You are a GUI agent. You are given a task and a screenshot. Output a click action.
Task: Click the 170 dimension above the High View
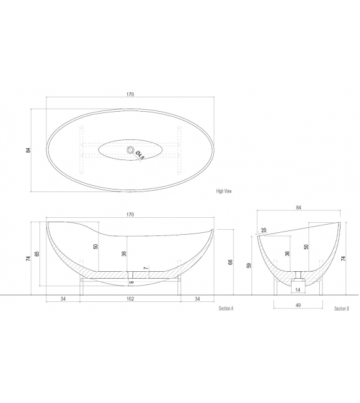pyautogui.click(x=130, y=95)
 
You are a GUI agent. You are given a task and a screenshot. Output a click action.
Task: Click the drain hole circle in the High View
pyautogui.click(x=131, y=150)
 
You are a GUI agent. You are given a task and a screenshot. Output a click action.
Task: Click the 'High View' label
pyautogui.click(x=224, y=191)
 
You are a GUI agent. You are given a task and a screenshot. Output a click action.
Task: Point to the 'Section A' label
pyautogui.click(x=226, y=309)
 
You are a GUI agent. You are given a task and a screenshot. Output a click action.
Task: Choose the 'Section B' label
pyautogui.click(x=341, y=309)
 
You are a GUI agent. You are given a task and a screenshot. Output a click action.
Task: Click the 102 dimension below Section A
pyautogui.click(x=130, y=299)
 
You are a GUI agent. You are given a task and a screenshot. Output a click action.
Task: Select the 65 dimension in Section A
pyautogui.click(x=38, y=254)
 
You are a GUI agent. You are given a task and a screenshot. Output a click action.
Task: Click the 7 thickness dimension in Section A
pyautogui.click(x=146, y=269)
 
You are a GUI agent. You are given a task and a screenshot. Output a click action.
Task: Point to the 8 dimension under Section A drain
pyautogui.click(x=131, y=282)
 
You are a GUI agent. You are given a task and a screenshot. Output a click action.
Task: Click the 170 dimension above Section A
pyautogui.click(x=130, y=215)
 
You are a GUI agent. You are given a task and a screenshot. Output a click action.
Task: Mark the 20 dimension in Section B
pyautogui.click(x=263, y=230)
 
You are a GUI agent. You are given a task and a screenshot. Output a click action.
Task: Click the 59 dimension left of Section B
pyautogui.click(x=249, y=266)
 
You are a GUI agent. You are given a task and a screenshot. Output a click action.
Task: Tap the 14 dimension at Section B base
pyautogui.click(x=299, y=291)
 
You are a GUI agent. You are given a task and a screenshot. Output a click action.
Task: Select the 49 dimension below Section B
pyautogui.click(x=299, y=306)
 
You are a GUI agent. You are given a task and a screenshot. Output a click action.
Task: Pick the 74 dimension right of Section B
pyautogui.click(x=344, y=258)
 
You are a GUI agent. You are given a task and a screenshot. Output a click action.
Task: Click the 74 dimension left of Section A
pyautogui.click(x=29, y=258)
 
